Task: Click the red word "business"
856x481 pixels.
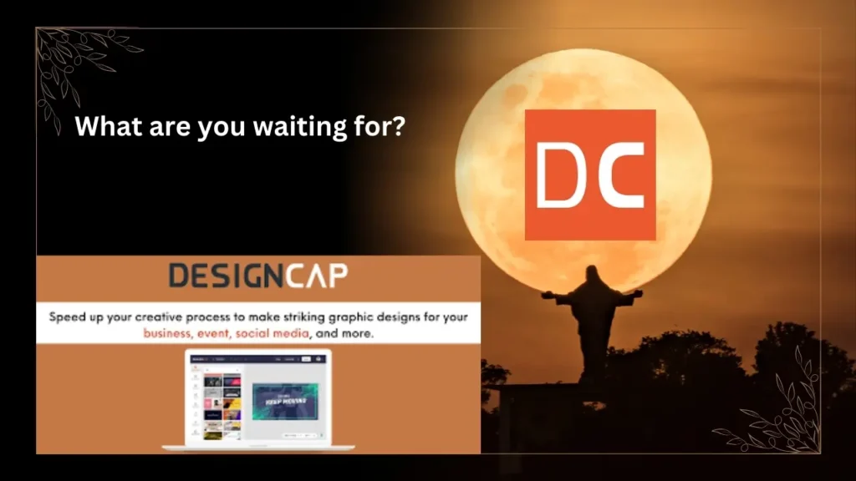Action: (x=174, y=333)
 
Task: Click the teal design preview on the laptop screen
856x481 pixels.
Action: (x=284, y=400)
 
